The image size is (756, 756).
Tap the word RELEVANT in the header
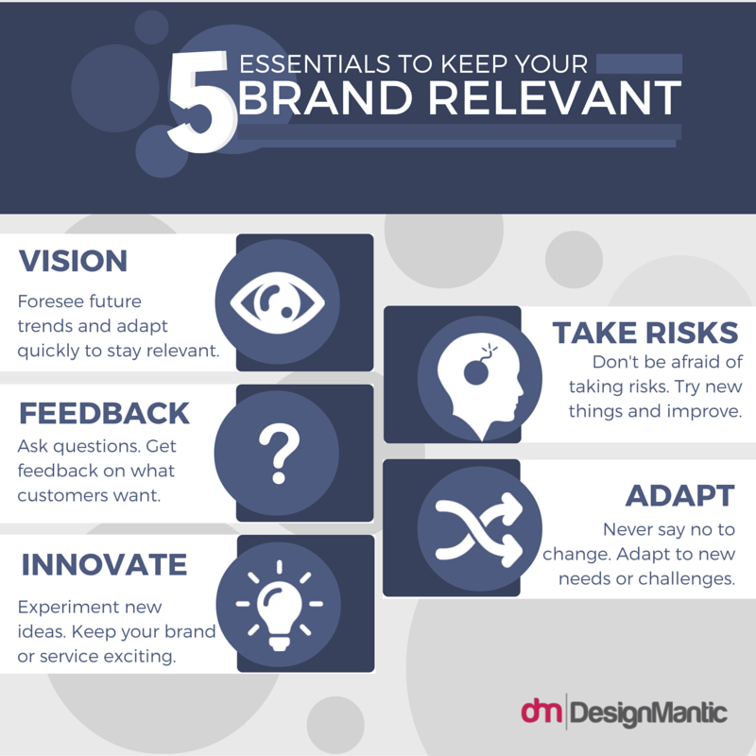pos(555,98)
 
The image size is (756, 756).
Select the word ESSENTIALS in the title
pos(315,63)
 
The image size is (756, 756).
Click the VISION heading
pos(73,261)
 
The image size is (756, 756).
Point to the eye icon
pos(277,302)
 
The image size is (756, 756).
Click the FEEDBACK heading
pos(104,413)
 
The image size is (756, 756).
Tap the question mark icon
pos(279,454)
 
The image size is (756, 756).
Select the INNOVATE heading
pos(104,564)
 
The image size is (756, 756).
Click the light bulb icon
pos(279,606)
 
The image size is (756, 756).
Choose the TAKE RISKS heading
pos(645,333)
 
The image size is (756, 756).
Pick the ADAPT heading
pos(679,495)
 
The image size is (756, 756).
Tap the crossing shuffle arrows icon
pos(479,529)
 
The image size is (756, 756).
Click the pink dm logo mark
pos(541,711)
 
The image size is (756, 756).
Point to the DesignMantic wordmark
pos(648,713)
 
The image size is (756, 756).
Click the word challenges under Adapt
pos(687,578)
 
